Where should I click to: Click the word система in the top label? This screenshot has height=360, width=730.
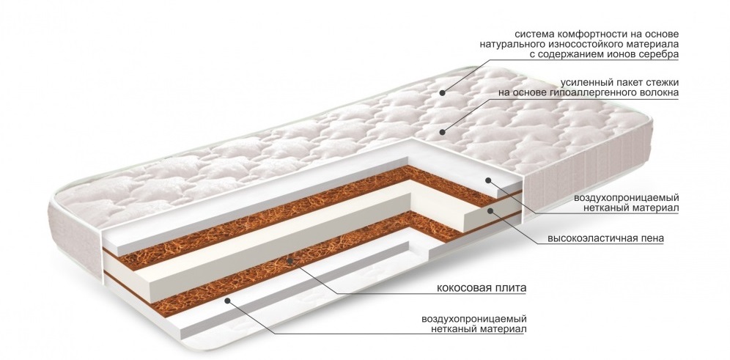pyautogui.click(x=534, y=34)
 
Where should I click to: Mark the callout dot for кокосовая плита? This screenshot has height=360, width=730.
pyautogui.click(x=290, y=260)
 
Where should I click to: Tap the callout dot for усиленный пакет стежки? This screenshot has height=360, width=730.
pyautogui.click(x=442, y=132)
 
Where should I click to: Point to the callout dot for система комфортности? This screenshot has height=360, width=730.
pyautogui.click(x=444, y=93)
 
